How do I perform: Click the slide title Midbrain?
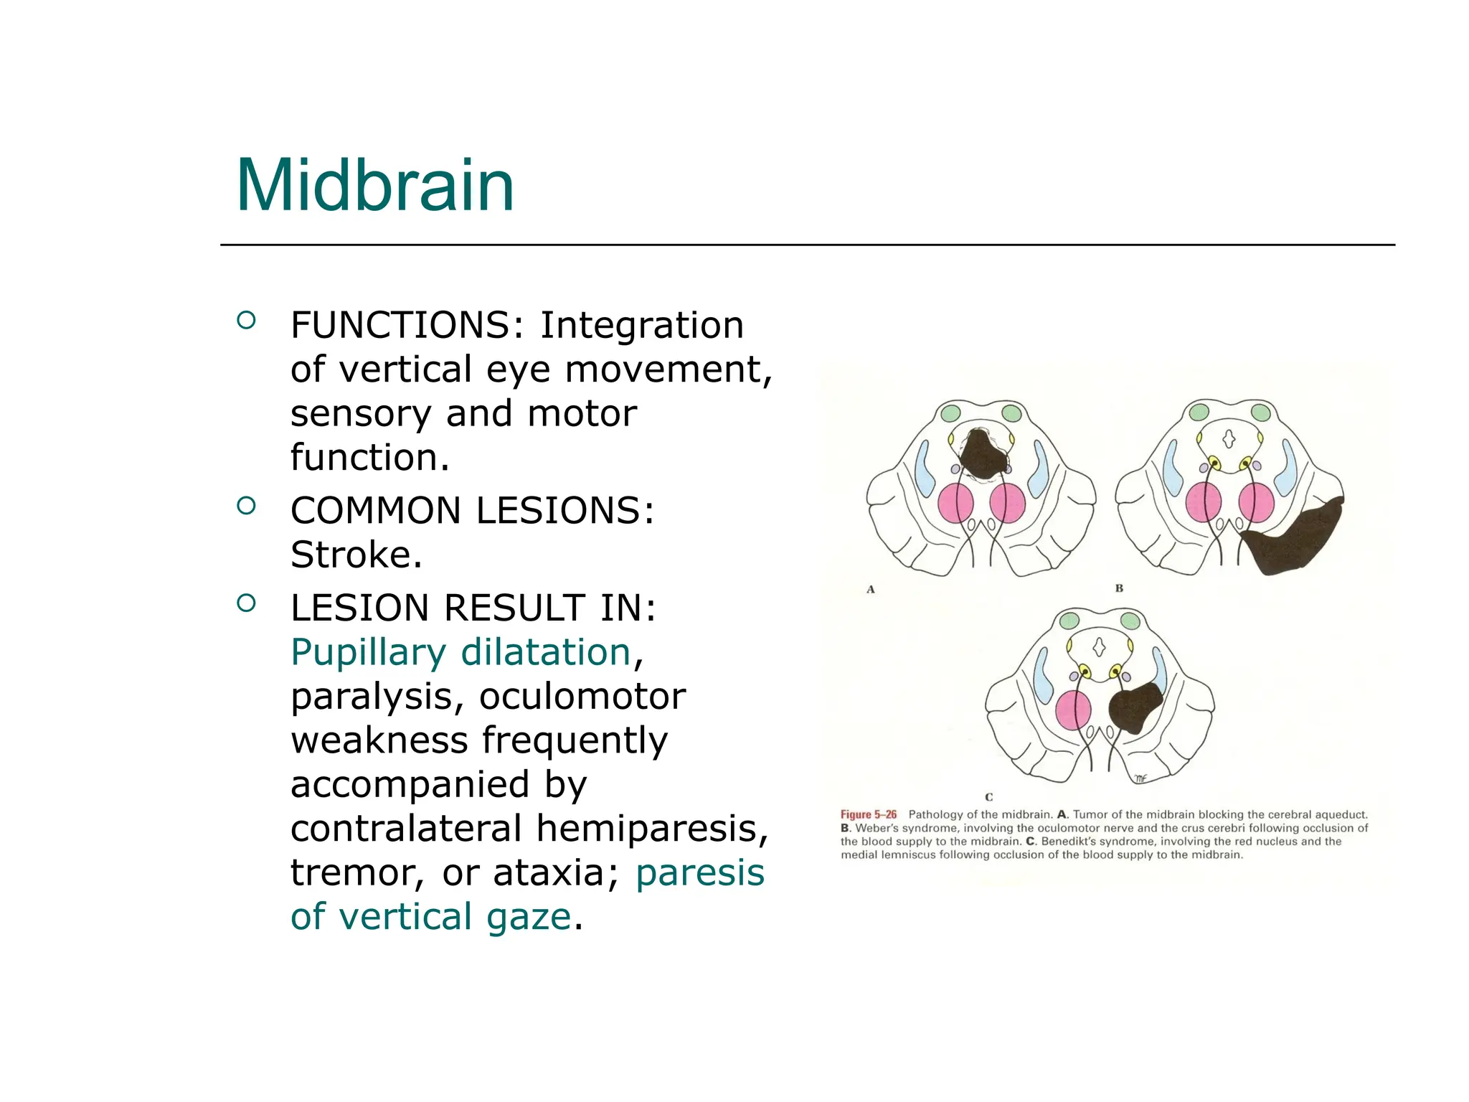pos(374,187)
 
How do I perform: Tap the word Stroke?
pos(356,555)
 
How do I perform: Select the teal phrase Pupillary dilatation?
pos(460,653)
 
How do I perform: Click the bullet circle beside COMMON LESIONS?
pos(246,506)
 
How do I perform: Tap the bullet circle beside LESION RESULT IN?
pos(246,603)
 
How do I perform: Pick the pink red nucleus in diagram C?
pos(1073,710)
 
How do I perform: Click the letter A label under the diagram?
pos(871,590)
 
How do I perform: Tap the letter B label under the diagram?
pos(1119,588)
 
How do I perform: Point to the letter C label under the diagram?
pos(988,796)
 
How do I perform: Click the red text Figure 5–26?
pos(868,815)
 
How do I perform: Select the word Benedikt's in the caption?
pos(1068,842)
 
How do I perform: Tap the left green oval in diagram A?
pos(950,413)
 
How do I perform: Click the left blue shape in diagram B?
pos(1171,468)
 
